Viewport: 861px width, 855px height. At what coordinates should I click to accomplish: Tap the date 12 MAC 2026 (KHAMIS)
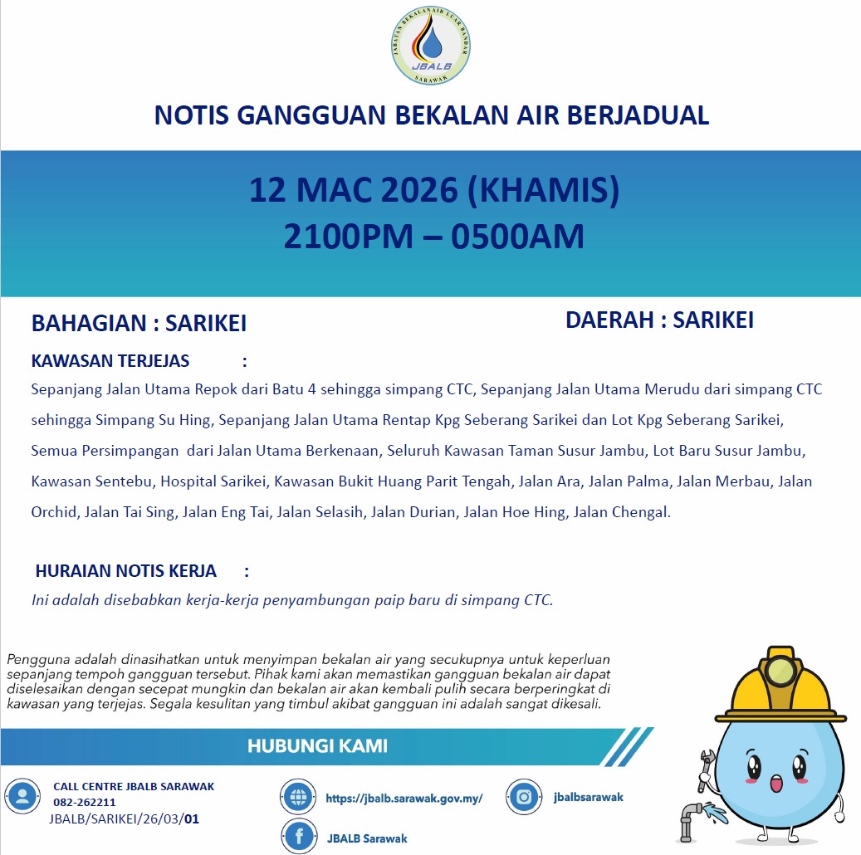434,191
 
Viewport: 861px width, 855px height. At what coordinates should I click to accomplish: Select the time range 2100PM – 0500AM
434,237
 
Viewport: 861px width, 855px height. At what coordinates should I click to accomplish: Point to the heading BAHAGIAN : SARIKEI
139,324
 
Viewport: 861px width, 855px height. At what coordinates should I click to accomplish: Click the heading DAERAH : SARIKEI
659,320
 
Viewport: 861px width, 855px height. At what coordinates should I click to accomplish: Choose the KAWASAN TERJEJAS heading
110,361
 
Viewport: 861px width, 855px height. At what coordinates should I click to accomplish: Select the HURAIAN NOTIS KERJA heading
126,571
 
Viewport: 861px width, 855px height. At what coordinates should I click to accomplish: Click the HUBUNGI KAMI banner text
317,746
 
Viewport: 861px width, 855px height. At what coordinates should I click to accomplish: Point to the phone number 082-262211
85,803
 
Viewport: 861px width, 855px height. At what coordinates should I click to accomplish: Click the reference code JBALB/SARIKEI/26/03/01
125,819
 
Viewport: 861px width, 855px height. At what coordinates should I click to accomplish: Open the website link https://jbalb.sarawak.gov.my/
404,799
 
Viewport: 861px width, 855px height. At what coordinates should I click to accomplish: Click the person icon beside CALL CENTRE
22,797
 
